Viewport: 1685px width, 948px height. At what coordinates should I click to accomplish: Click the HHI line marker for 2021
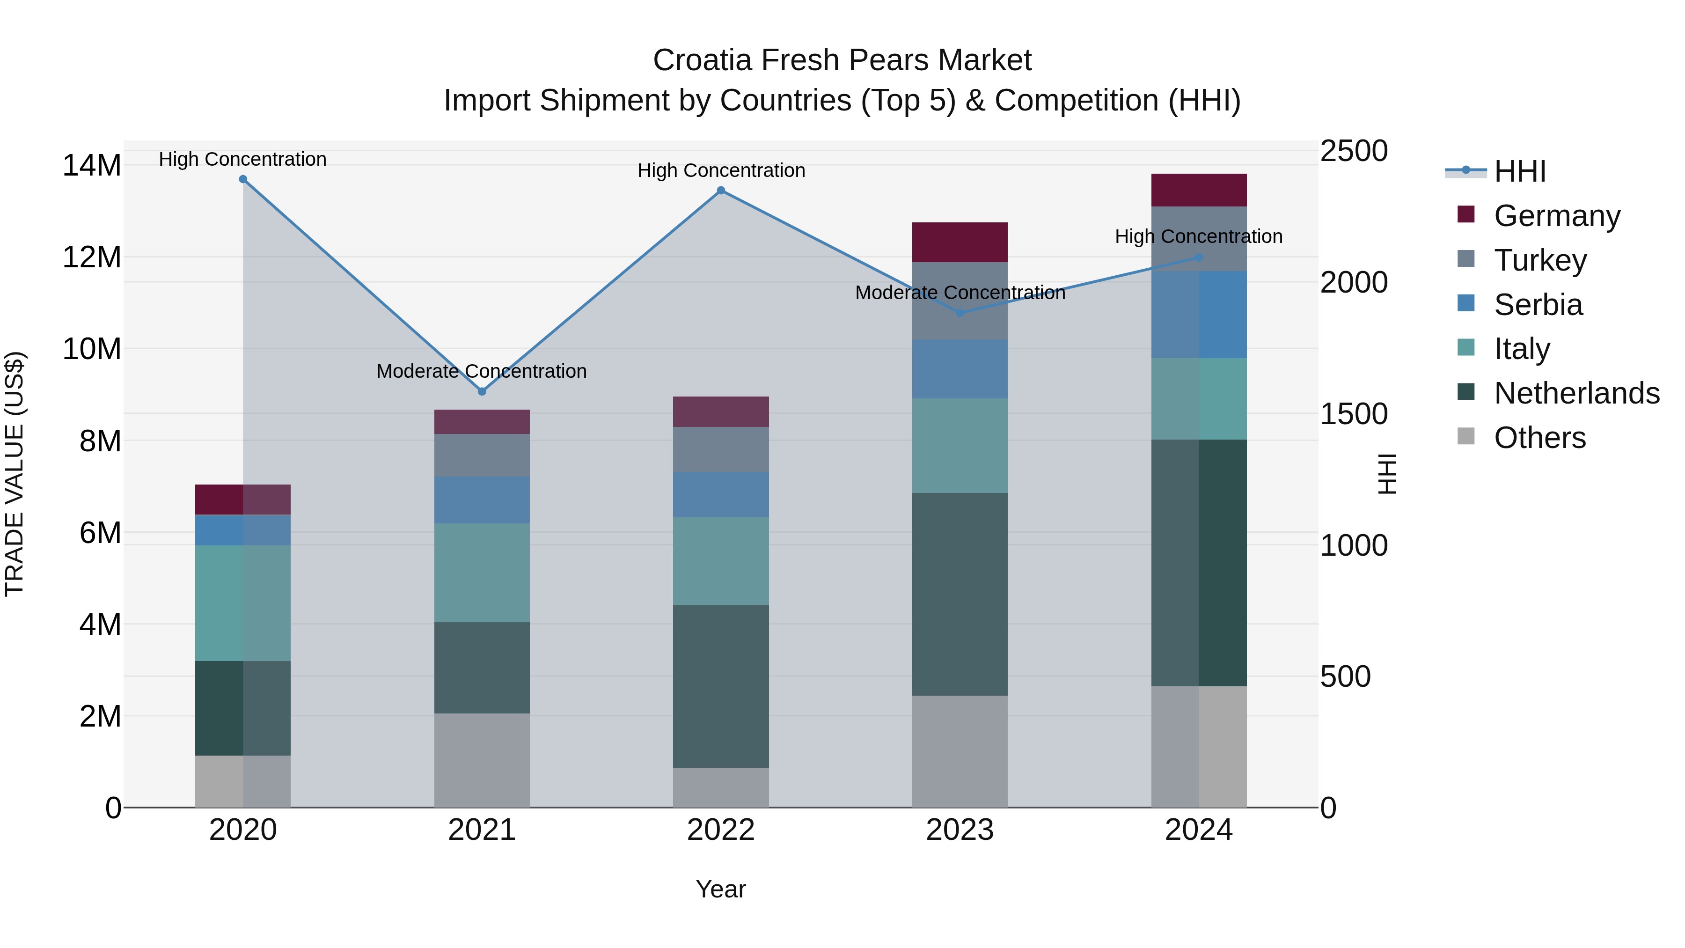click(482, 391)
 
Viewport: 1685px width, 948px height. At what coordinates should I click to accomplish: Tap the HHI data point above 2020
click(242, 179)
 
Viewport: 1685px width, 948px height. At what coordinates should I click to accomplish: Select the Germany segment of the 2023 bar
click(960, 242)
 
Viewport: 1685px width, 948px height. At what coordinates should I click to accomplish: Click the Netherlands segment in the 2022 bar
click(721, 686)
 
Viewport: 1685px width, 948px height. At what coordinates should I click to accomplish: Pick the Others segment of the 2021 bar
click(482, 760)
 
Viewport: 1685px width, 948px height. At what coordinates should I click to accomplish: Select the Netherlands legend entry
click(1576, 393)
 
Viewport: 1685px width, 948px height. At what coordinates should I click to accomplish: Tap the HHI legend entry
click(1519, 171)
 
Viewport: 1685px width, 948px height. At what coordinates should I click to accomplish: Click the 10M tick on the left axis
click(92, 349)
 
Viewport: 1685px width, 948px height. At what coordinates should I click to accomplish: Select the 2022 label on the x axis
click(721, 830)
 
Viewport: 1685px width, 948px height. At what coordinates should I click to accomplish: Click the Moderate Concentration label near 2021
click(482, 371)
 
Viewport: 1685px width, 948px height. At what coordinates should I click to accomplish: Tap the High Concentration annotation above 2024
click(1198, 236)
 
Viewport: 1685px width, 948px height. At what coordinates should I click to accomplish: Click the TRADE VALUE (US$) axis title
click(15, 474)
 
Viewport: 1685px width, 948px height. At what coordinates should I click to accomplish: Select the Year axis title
click(721, 889)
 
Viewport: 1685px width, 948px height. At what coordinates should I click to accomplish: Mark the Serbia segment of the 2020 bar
click(242, 530)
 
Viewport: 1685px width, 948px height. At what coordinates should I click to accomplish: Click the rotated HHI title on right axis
click(1386, 474)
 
